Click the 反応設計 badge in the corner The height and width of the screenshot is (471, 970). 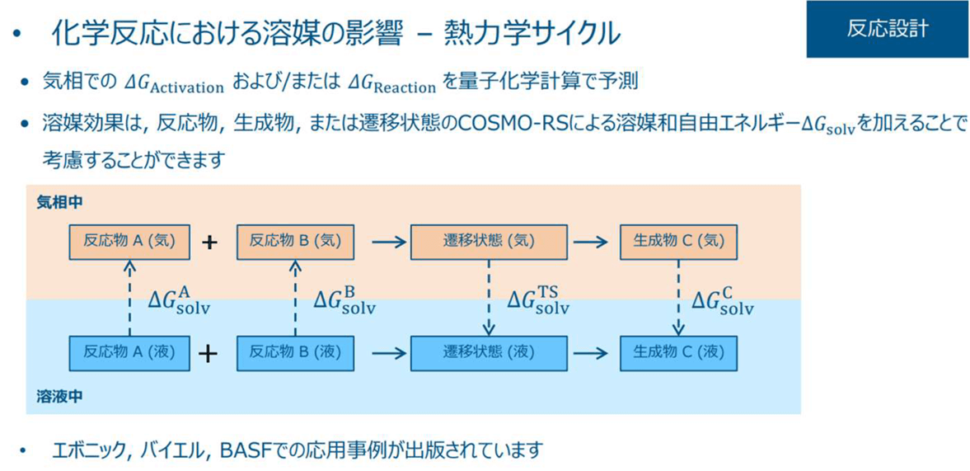887,29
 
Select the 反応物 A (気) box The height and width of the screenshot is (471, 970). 129,242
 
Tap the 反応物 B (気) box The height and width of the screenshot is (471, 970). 295,242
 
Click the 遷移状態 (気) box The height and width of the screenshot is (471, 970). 490,242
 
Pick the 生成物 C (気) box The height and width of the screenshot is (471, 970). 678,242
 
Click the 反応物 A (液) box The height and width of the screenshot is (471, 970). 129,353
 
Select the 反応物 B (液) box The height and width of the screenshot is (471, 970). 295,353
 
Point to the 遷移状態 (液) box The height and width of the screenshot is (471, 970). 490,353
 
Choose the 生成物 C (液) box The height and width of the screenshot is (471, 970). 678,353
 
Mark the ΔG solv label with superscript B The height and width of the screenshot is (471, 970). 344,301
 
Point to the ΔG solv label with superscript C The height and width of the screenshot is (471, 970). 723,301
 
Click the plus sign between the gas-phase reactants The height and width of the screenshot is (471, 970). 210,243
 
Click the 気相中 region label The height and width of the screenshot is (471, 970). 59,201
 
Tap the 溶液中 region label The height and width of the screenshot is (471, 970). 59,396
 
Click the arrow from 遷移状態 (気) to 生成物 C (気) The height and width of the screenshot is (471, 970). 591,243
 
